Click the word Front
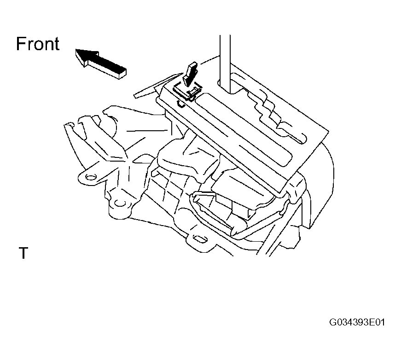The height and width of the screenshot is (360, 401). click(38, 44)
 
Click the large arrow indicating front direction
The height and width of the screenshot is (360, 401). click(100, 64)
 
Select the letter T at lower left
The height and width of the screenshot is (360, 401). click(23, 253)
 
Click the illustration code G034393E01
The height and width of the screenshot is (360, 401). click(357, 322)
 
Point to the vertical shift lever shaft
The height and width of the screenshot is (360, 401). click(225, 64)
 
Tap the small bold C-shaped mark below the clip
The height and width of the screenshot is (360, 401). click(180, 103)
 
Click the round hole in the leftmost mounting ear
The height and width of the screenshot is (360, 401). click(91, 177)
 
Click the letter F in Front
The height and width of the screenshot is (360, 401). click(21, 44)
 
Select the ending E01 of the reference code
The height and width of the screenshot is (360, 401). click(377, 322)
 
